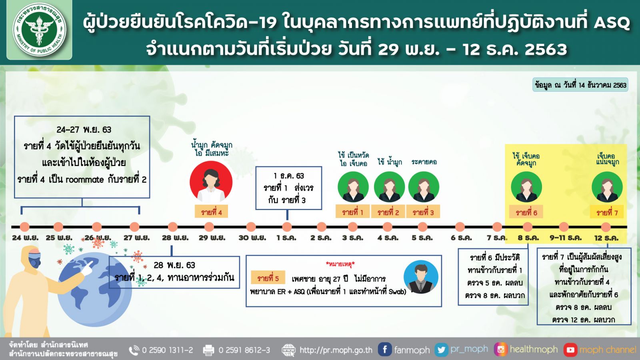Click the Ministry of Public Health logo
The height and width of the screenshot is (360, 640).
[x=40, y=30]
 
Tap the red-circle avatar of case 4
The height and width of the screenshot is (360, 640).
[x=211, y=182]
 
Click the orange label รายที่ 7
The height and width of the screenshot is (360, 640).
[x=607, y=212]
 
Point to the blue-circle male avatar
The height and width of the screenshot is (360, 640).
[x=420, y=277]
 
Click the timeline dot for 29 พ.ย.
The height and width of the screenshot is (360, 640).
[x=209, y=227]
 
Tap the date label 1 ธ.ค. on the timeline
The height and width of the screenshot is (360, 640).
[x=286, y=238]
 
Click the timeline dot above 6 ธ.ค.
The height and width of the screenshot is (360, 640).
[x=460, y=227]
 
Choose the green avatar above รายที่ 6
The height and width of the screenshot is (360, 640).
[x=526, y=186]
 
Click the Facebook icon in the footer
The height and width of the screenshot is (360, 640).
[x=384, y=350]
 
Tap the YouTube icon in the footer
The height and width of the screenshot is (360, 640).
[x=570, y=350]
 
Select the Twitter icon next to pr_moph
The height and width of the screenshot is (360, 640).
[x=442, y=350]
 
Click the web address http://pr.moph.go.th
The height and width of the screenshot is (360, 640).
[x=336, y=350]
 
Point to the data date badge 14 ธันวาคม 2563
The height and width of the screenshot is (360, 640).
[x=580, y=84]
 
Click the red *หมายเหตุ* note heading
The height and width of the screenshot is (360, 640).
[x=340, y=264]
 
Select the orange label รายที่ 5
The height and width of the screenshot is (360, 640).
[x=268, y=278]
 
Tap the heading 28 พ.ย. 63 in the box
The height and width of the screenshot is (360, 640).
[x=174, y=265]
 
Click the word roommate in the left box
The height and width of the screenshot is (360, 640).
[x=84, y=180]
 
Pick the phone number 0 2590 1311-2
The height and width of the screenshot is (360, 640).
[x=168, y=350]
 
